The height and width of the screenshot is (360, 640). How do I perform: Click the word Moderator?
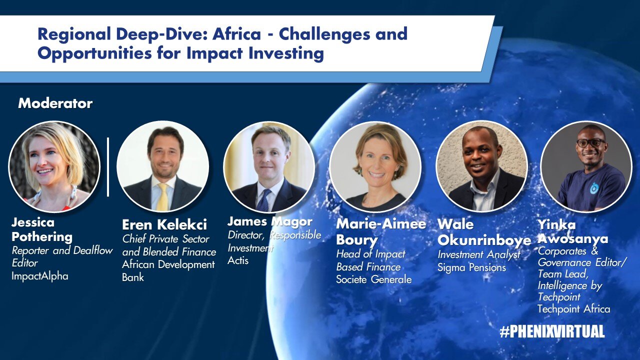click(x=55, y=103)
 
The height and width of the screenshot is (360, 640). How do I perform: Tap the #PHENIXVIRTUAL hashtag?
click(x=552, y=331)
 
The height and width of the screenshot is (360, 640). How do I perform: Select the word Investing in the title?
click(x=286, y=53)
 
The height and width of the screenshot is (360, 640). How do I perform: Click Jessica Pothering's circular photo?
click(x=54, y=166)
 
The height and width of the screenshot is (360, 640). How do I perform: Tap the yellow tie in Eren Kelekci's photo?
click(x=163, y=197)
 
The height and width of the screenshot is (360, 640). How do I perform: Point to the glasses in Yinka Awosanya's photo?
click(x=591, y=142)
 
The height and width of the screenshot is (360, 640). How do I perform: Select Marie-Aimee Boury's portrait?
click(x=375, y=167)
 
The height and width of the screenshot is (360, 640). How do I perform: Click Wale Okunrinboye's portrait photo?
click(x=481, y=166)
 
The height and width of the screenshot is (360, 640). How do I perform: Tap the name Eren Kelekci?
click(x=164, y=225)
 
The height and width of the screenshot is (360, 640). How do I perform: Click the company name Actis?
click(x=238, y=260)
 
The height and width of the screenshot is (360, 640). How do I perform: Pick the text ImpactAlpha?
click(x=40, y=276)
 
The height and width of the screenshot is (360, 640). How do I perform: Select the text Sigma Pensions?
click(x=471, y=267)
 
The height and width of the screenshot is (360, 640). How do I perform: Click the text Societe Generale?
click(x=373, y=279)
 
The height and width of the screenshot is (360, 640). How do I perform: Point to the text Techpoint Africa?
click(x=573, y=309)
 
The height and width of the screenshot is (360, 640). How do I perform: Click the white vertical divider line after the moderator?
click(x=108, y=167)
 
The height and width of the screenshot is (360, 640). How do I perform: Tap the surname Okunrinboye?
click(x=484, y=240)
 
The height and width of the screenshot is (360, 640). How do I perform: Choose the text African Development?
click(x=168, y=264)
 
